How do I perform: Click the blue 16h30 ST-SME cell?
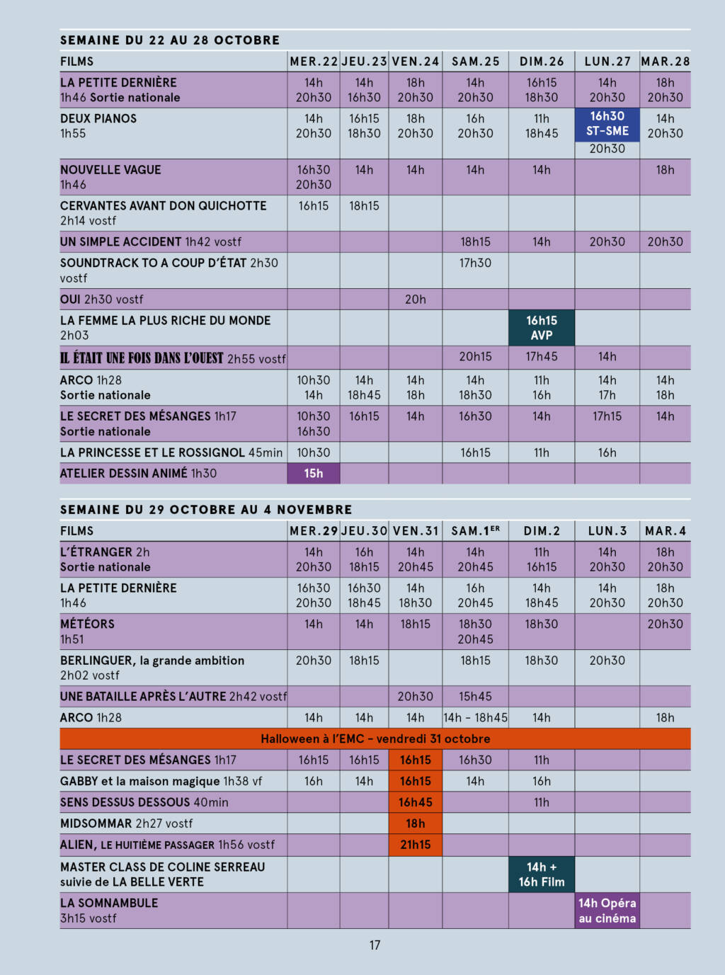click(x=607, y=124)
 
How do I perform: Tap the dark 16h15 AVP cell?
click(x=541, y=328)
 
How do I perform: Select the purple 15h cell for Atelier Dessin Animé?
click(x=314, y=473)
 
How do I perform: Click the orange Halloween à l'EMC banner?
click(x=375, y=739)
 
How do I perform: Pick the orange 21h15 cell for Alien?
click(x=416, y=845)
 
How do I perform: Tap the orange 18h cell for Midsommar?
click(x=416, y=823)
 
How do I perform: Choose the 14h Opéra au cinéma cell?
click(x=607, y=911)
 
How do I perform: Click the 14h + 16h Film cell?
click(x=541, y=874)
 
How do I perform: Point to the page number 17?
click(x=375, y=945)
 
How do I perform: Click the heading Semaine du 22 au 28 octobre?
click(x=170, y=40)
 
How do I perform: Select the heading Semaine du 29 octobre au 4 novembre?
click(x=206, y=510)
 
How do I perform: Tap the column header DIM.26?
click(x=542, y=62)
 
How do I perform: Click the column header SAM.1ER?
click(x=475, y=531)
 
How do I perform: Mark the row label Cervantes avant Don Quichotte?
click(x=164, y=206)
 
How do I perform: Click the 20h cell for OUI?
click(x=416, y=300)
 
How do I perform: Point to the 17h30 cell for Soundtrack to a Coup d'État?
click(x=475, y=263)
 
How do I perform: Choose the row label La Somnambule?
click(x=109, y=903)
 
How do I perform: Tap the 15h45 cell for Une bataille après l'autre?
click(x=475, y=697)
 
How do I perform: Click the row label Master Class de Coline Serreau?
click(x=163, y=867)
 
